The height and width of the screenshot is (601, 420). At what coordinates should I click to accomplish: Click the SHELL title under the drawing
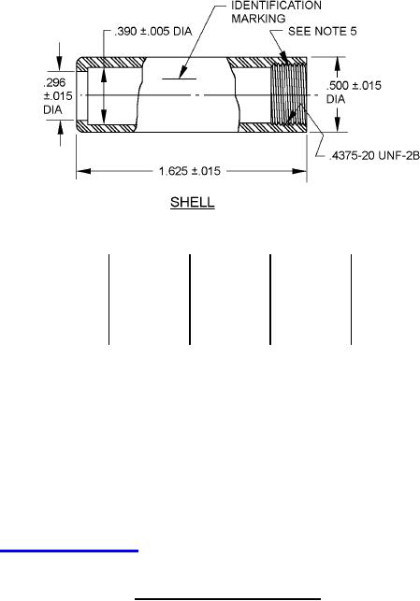tap(192, 203)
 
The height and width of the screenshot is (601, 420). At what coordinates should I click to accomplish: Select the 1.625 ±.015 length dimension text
tap(190, 171)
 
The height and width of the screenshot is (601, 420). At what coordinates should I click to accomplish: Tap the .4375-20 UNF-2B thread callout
tap(374, 155)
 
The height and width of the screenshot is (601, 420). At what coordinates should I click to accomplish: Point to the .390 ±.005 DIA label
tap(153, 32)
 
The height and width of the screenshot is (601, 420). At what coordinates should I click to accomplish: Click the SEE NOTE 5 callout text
tap(322, 31)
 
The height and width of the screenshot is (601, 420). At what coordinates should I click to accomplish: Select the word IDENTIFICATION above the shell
tap(276, 6)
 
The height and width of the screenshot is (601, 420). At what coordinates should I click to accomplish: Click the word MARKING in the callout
tap(258, 19)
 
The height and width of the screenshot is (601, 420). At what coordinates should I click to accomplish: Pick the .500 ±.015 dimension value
tap(354, 85)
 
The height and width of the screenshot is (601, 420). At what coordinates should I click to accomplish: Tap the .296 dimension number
tap(54, 82)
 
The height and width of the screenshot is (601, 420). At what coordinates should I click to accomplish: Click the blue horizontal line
tap(69, 551)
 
